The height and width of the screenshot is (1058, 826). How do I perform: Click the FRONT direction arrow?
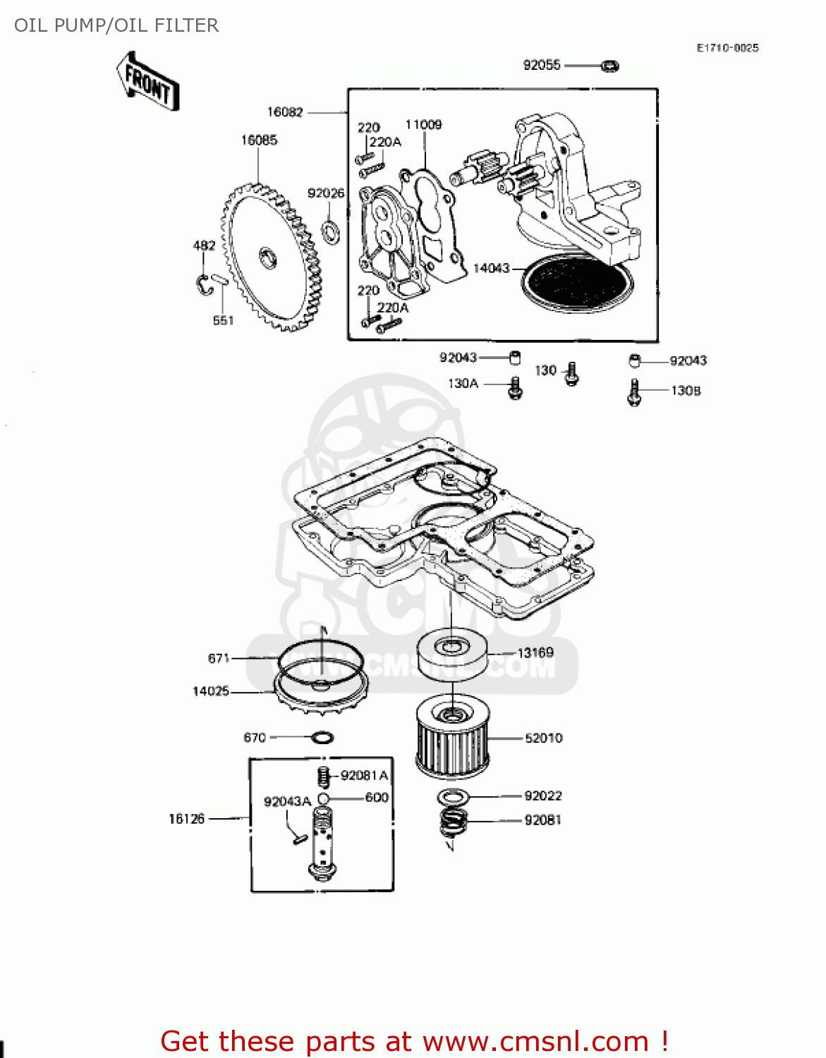pyautogui.click(x=149, y=82)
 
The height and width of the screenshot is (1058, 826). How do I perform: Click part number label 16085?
pyautogui.click(x=259, y=140)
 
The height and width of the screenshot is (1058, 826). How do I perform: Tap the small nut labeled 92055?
pyautogui.click(x=609, y=66)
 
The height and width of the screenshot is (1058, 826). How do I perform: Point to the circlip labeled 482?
pyautogui.click(x=203, y=284)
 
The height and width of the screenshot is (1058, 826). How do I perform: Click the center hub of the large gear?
pyautogui.click(x=269, y=257)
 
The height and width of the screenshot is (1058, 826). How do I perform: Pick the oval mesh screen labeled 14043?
pyautogui.click(x=577, y=282)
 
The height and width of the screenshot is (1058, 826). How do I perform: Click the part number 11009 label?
pyautogui.click(x=423, y=125)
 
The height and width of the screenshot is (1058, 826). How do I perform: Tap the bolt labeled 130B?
pyautogui.click(x=633, y=393)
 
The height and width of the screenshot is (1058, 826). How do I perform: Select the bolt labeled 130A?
pyautogui.click(x=515, y=387)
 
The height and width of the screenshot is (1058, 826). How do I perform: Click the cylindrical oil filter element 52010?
pyautogui.click(x=451, y=737)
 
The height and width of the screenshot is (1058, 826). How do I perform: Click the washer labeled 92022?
pyautogui.click(x=454, y=797)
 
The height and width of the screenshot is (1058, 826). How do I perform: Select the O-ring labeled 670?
pyautogui.click(x=322, y=738)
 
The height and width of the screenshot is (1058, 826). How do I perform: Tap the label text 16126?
pyautogui.click(x=186, y=819)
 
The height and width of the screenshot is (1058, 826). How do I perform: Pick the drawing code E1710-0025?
pyautogui.click(x=727, y=48)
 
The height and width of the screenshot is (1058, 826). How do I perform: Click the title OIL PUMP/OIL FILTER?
pyautogui.click(x=116, y=25)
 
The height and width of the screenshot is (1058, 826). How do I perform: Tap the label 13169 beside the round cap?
pyautogui.click(x=535, y=652)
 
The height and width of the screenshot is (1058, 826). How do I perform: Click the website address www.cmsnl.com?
pyautogui.click(x=535, y=1041)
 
